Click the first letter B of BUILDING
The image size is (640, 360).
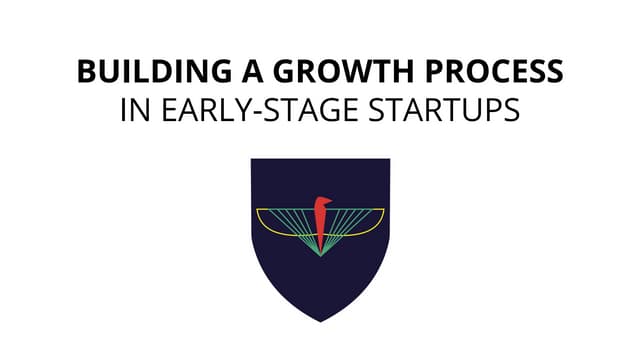86,73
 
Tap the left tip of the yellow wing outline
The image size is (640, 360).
257,211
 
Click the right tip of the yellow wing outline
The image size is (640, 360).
384,211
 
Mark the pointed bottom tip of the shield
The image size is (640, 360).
320,321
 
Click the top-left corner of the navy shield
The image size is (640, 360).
252,160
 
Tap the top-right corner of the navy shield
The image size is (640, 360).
388,160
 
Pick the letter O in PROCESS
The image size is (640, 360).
457,73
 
